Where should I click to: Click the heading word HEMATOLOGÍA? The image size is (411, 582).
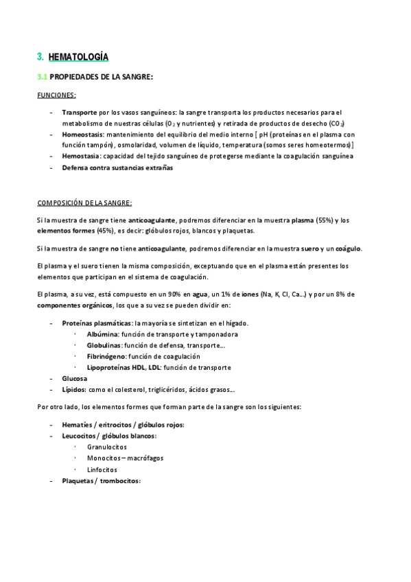(78, 56)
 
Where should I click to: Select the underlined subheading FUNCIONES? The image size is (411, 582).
(56, 95)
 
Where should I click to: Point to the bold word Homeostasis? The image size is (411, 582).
(82, 135)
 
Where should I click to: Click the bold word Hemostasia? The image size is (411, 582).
(81, 156)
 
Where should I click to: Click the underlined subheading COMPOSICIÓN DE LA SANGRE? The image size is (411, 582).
(84, 202)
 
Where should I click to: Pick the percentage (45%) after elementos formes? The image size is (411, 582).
(106, 231)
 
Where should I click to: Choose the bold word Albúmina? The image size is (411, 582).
(104, 334)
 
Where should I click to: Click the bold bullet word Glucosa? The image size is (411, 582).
(74, 378)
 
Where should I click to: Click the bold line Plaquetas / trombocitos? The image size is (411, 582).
(101, 480)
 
